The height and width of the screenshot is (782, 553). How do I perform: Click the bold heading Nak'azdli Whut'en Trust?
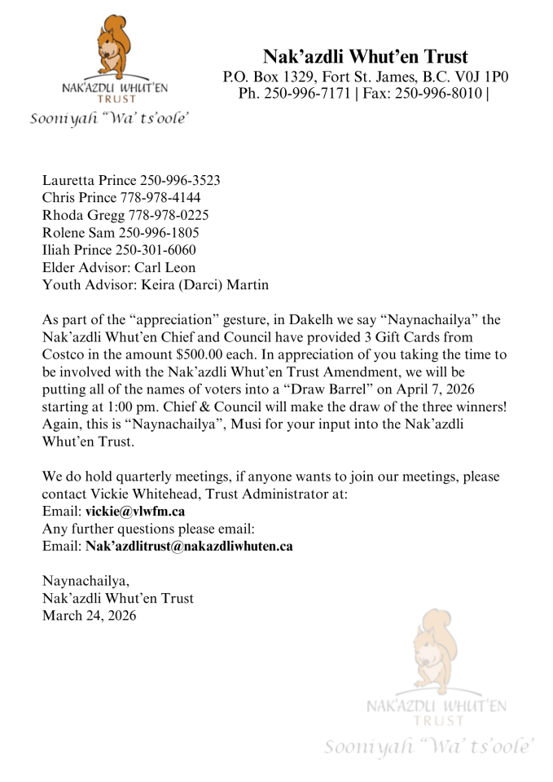click(x=365, y=56)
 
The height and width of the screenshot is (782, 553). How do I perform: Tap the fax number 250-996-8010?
click(x=443, y=94)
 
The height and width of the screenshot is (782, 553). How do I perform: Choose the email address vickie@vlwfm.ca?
click(x=134, y=512)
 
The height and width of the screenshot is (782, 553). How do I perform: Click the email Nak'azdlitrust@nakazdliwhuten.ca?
click(x=189, y=547)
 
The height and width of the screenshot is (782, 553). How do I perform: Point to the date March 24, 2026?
click(x=89, y=616)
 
